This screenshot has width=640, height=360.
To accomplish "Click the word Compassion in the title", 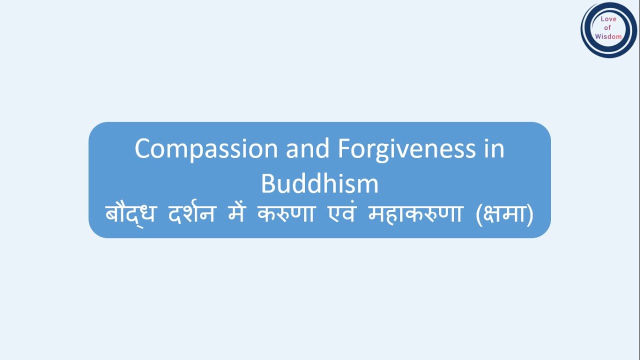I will [x=206, y=149].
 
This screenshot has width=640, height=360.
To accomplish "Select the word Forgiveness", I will [x=406, y=149].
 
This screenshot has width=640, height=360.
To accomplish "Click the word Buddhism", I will [x=319, y=184].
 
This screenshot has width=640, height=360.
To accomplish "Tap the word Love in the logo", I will [x=608, y=19].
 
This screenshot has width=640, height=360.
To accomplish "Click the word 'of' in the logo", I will [x=608, y=27].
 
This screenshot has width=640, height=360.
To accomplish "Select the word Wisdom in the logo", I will [x=608, y=36].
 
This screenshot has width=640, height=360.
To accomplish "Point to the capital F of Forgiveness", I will [x=344, y=149].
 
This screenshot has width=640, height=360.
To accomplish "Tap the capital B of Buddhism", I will [x=268, y=184].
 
